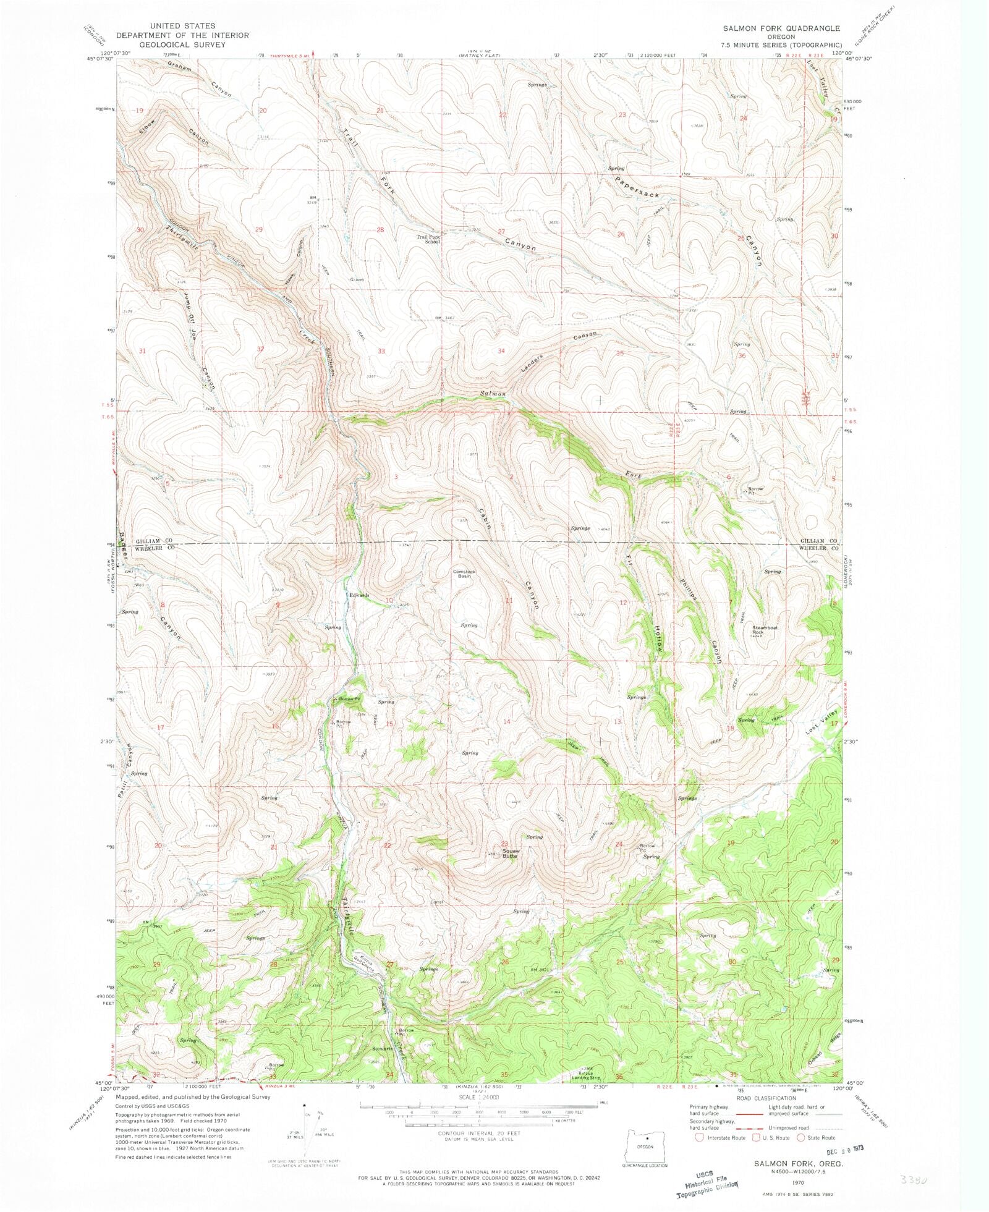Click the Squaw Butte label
click(511, 854)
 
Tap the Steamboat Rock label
click(765, 630)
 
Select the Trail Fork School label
click(428, 239)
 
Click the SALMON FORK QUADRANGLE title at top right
click(782, 28)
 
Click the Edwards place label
click(359, 595)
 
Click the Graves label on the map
click(357, 279)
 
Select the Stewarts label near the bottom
click(383, 1049)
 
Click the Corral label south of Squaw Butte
click(436, 902)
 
